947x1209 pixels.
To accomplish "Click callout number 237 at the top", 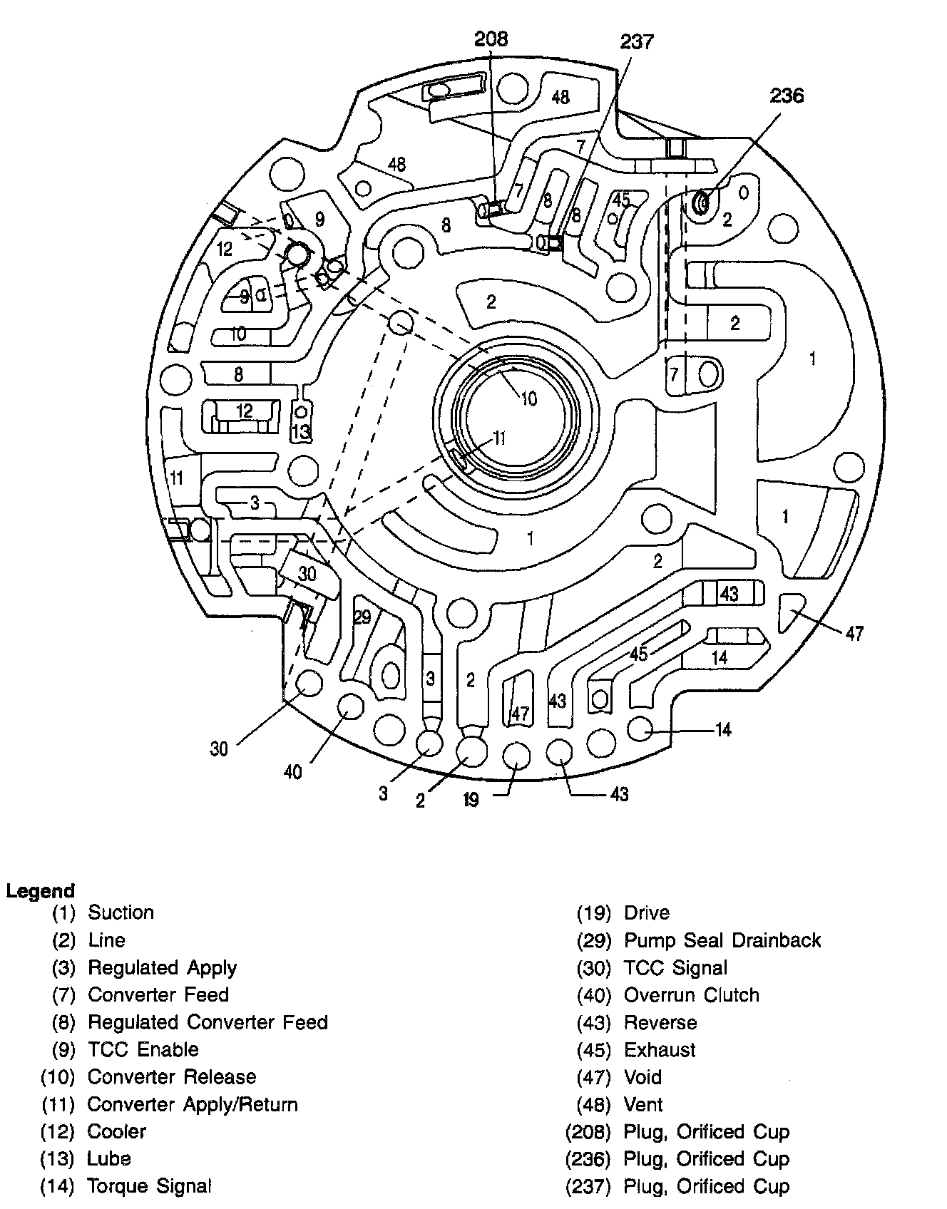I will pos(636,43).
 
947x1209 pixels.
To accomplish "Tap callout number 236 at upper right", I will pos(787,96).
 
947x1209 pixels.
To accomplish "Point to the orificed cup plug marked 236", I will pos(700,205).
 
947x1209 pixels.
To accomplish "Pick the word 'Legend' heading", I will pos(41,890).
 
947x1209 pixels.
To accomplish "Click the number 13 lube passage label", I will pos(302,431).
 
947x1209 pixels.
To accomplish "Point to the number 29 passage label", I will pos(362,617).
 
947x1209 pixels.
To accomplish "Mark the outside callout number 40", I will pos(293,771).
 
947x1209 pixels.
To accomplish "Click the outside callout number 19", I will pos(471,800).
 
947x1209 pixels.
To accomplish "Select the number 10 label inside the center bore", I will pos(528,398).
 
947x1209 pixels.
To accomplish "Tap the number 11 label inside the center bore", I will pos(499,438).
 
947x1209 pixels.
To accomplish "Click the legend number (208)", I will pos(589,1131).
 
